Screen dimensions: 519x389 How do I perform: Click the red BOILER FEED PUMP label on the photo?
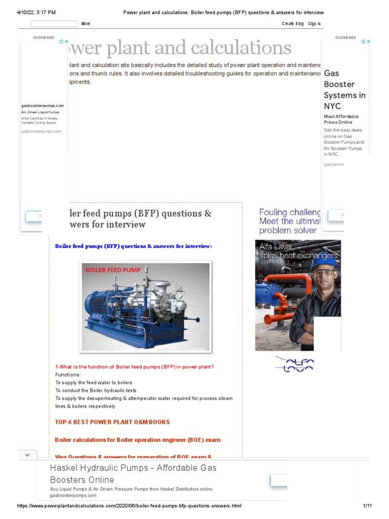pos(112,270)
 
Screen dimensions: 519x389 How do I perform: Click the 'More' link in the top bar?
pos(86,24)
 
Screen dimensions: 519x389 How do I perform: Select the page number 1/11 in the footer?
pos(367,506)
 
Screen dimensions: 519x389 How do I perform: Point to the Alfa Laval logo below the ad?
pos(295,364)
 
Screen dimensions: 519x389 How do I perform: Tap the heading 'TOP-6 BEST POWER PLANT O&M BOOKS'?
pos(112,422)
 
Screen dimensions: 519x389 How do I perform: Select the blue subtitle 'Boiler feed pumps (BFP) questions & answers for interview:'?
pos(133,246)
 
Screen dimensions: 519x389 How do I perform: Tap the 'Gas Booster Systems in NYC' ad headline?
pos(344,90)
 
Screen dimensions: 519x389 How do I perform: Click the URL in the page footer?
pos(129,506)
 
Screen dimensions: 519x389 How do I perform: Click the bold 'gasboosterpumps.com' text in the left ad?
pos(43,105)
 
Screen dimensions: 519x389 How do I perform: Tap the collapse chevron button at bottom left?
pos(27,455)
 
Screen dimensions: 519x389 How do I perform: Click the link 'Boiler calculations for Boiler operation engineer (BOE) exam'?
pos(137,439)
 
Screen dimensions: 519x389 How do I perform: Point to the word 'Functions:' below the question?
pos(68,375)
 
